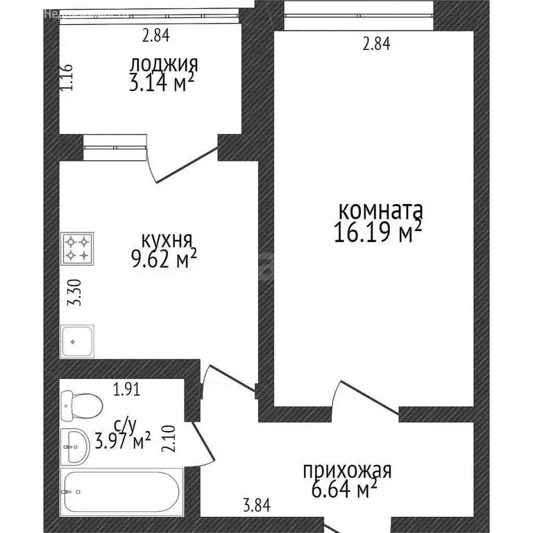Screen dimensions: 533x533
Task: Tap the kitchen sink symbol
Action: (x=77, y=341)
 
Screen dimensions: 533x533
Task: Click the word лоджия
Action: (x=164, y=65)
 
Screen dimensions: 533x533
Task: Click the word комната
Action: (x=380, y=210)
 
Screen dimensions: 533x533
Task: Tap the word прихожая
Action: (x=347, y=471)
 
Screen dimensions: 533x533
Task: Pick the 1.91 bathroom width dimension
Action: (x=126, y=389)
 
